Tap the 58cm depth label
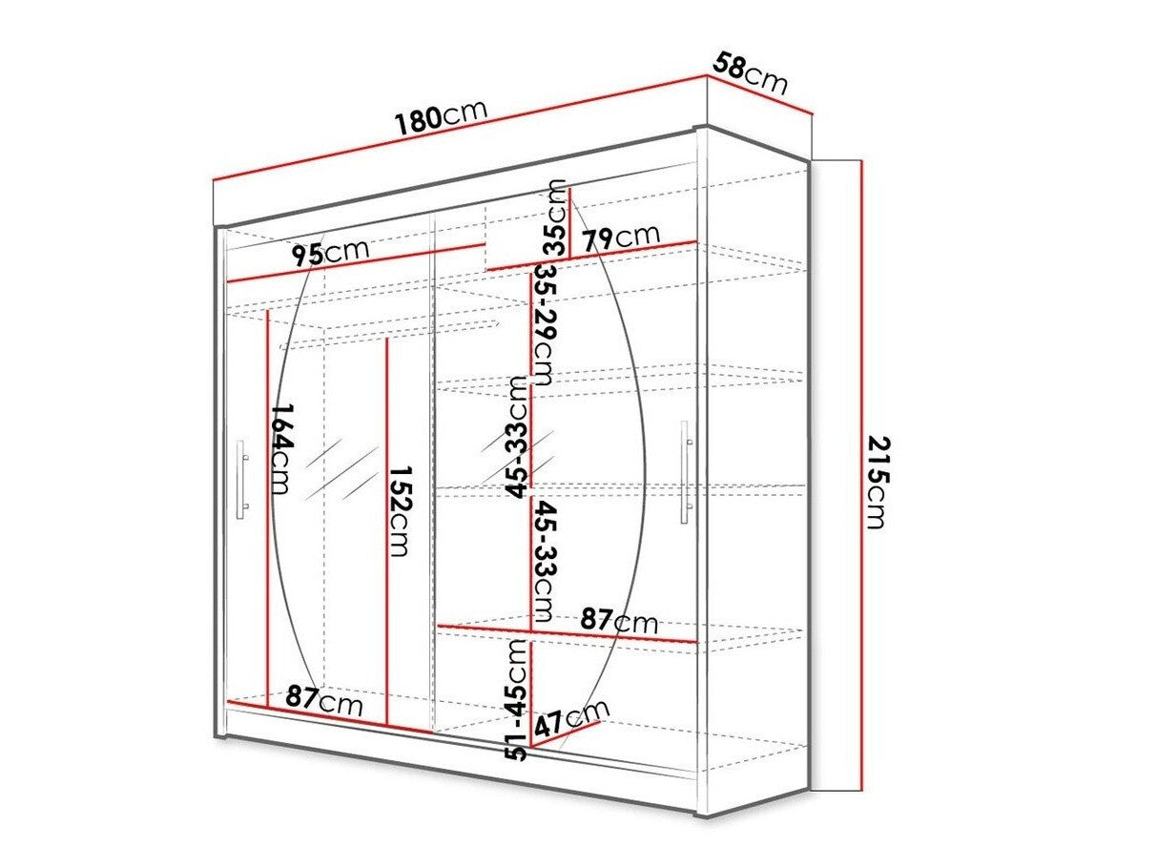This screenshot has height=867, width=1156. (751, 73)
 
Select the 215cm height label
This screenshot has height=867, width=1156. (877, 482)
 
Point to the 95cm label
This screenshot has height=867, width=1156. (330, 253)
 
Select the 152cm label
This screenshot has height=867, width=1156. (400, 512)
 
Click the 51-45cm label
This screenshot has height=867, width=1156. (516, 699)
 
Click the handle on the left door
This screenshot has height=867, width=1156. (242, 480)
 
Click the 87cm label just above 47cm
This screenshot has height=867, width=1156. (619, 622)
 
